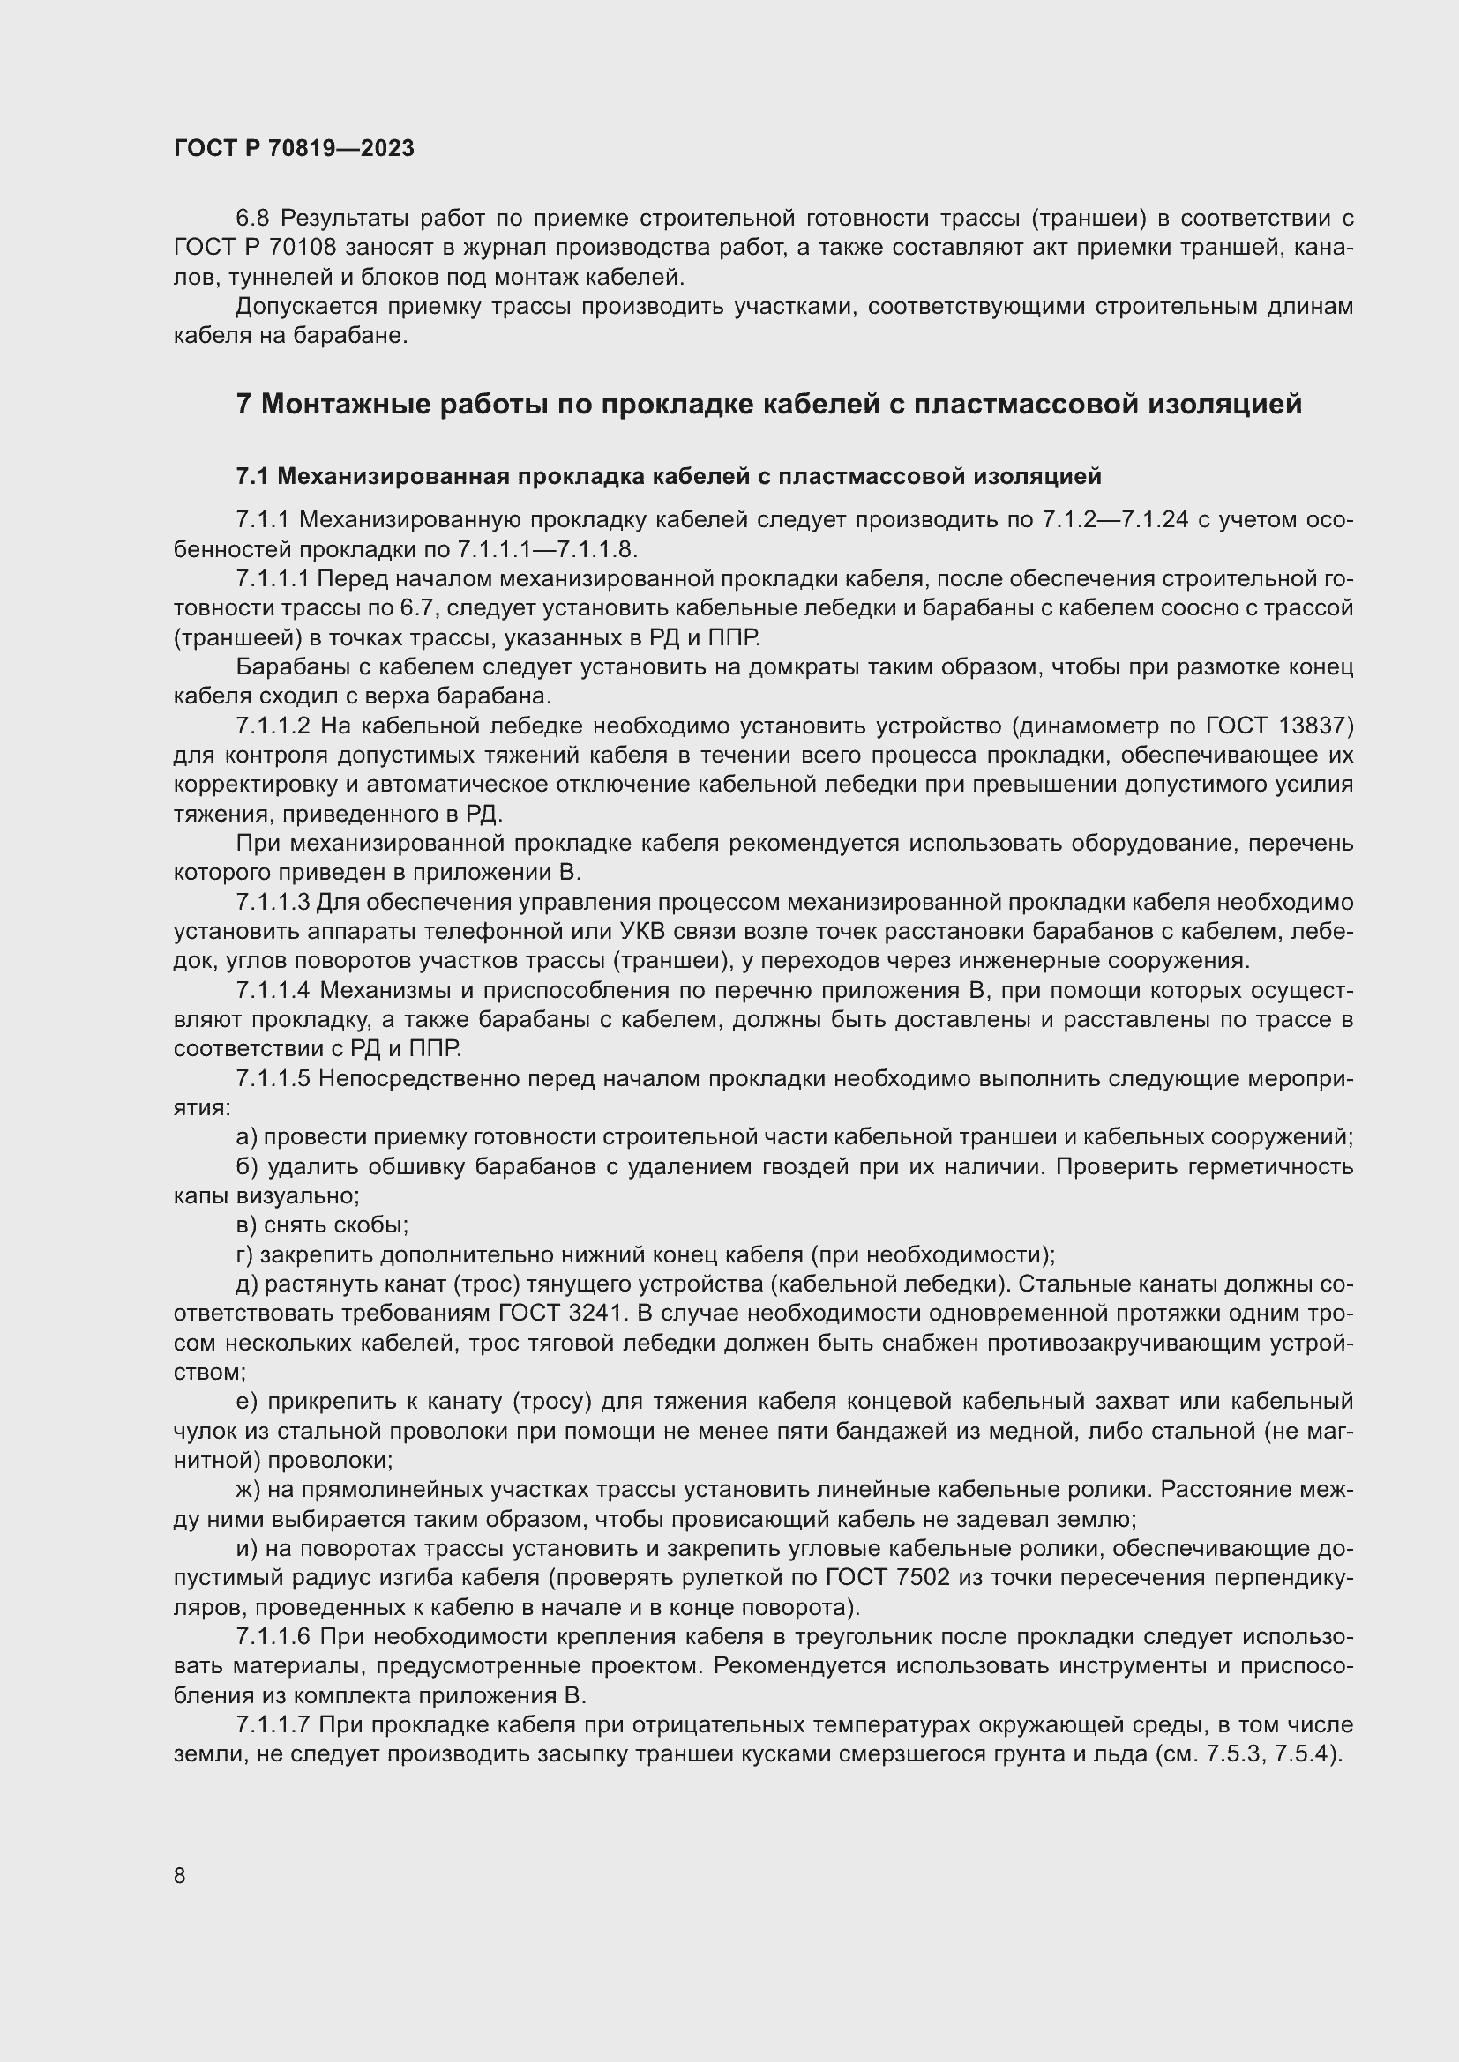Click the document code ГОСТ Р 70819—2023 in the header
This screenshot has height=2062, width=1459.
pos(294,148)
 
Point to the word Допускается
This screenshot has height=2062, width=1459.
pos(305,307)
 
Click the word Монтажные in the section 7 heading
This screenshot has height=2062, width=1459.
pos(338,404)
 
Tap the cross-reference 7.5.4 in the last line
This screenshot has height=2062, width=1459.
pos(1310,1754)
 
